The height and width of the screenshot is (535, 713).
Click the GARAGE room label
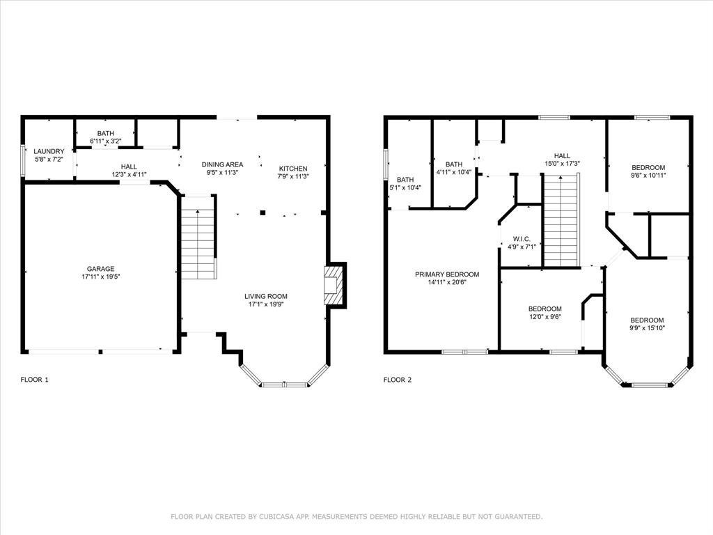[100, 268]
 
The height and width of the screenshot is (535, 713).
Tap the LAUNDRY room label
[49, 151]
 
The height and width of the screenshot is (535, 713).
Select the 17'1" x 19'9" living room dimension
[266, 304]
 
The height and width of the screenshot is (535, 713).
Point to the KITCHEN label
[292, 169]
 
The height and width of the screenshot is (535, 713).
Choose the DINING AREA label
[222, 164]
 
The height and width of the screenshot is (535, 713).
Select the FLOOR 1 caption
[35, 380]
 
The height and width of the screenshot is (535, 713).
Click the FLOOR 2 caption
[398, 380]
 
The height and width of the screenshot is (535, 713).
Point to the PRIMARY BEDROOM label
[447, 274]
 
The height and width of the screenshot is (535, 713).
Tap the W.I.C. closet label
[522, 238]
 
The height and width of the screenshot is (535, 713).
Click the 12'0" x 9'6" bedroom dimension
[544, 317]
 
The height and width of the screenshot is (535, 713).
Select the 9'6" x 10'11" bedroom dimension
[648, 176]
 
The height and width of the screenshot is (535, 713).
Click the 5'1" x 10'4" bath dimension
[405, 187]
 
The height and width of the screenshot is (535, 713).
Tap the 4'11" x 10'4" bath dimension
[454, 172]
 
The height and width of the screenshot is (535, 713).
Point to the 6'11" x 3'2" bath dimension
[106, 141]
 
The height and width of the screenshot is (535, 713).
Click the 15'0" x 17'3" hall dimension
[562, 164]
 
